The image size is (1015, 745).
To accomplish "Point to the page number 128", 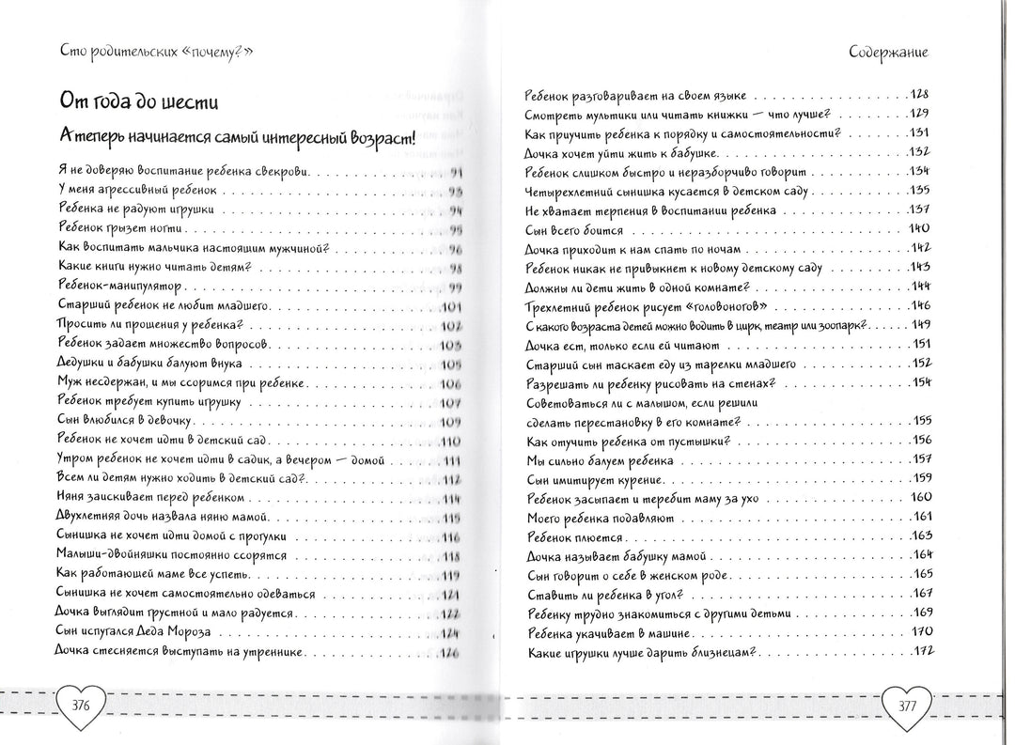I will click(917, 96).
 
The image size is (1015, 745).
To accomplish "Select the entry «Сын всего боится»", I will click(573, 228).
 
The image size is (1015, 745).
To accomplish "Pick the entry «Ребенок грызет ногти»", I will click(123, 229).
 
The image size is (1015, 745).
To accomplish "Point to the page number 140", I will click(918, 228).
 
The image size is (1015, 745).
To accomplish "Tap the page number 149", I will click(918, 325).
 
